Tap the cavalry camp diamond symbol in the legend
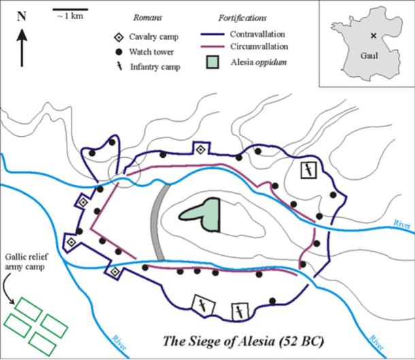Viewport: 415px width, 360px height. (x=119, y=38)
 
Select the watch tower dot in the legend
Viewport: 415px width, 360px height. (x=119, y=52)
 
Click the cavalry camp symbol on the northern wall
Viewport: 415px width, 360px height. (x=200, y=149)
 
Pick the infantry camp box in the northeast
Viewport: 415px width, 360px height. (x=309, y=169)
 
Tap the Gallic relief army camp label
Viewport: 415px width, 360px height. (x=30, y=265)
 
